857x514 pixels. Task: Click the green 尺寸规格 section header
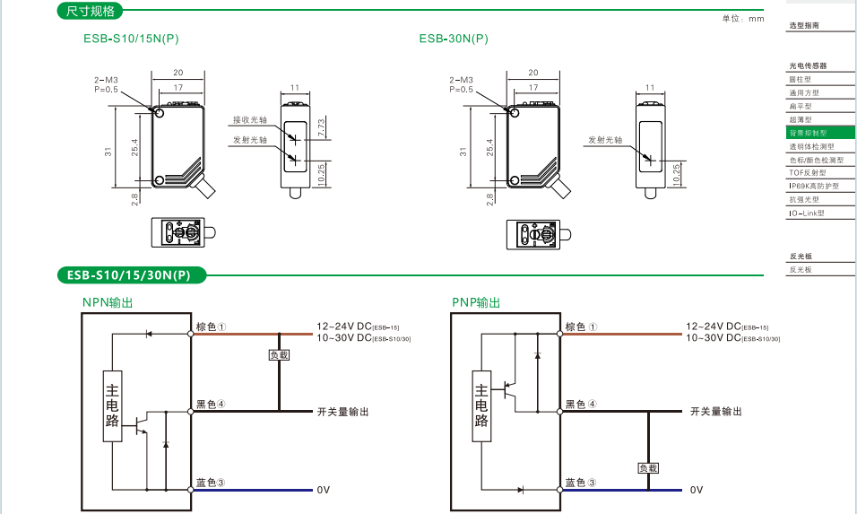tap(91, 12)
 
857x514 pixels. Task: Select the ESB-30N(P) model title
tap(454, 39)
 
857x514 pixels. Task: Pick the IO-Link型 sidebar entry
tap(806, 213)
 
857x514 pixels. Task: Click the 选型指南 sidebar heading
tap(803, 26)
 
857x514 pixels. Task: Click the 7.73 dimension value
tap(321, 127)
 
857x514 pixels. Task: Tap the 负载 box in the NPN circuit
tap(280, 354)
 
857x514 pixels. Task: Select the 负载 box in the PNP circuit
tap(648, 467)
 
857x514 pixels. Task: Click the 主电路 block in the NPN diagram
tap(112, 406)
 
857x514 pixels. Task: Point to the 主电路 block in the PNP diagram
tap(481, 406)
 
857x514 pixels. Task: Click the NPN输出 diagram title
tap(108, 303)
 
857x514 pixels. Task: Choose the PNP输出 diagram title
tap(476, 303)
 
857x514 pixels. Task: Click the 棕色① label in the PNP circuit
tap(580, 327)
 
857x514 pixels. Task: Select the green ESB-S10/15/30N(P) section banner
tap(131, 275)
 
